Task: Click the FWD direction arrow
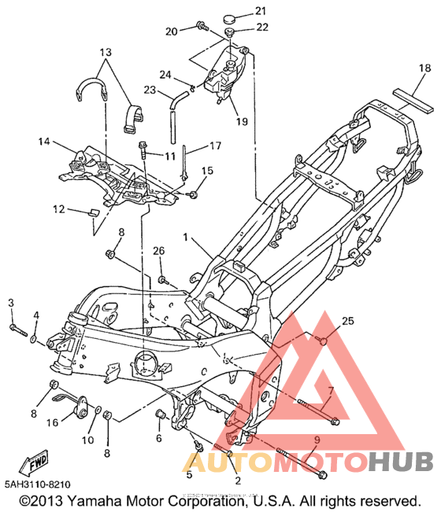tap(34, 462)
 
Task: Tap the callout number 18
tap(424, 68)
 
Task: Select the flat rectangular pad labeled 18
tap(413, 101)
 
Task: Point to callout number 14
tap(44, 142)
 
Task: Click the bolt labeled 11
tap(143, 150)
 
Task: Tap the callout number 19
tap(242, 121)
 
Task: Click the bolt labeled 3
tap(18, 330)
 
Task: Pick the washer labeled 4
tap(34, 339)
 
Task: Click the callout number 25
tap(348, 321)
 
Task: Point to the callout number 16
tap(52, 422)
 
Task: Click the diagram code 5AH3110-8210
tap(38, 484)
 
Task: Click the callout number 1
tap(185, 237)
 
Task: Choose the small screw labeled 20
tap(202, 26)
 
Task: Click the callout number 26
tap(159, 251)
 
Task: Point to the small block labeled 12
tap(93, 212)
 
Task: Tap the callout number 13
tap(106, 52)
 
